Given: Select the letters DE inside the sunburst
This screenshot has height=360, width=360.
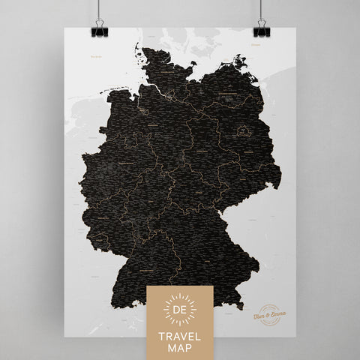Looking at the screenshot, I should click(x=180, y=310).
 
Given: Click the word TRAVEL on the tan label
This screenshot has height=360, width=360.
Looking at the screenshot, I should click(x=180, y=334).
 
